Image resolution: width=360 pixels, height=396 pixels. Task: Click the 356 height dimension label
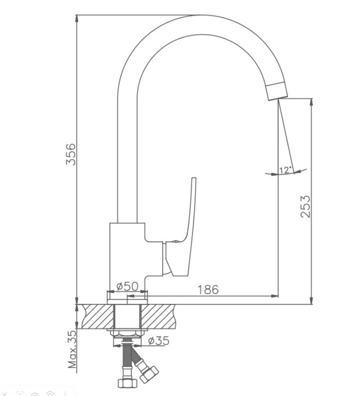point(71,154)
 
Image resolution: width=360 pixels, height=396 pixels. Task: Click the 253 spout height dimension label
point(305,206)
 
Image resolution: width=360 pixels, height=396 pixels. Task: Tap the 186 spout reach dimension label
point(208,290)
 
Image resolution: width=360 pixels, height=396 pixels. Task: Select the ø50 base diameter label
point(127,286)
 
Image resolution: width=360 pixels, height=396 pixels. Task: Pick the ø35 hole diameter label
point(158,341)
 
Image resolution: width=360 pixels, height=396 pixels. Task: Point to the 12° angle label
point(286,170)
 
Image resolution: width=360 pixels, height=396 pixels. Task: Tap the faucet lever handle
point(184,227)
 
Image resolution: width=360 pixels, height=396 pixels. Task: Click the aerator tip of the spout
point(277,91)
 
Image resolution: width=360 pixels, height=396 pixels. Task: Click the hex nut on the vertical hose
point(127,383)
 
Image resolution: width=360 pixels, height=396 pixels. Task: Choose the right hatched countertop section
point(158,317)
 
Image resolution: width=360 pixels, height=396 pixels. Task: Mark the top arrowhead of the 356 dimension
point(76,19)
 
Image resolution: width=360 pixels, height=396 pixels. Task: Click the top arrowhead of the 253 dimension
point(312,102)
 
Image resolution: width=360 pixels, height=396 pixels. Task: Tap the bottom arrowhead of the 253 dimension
point(312,301)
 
